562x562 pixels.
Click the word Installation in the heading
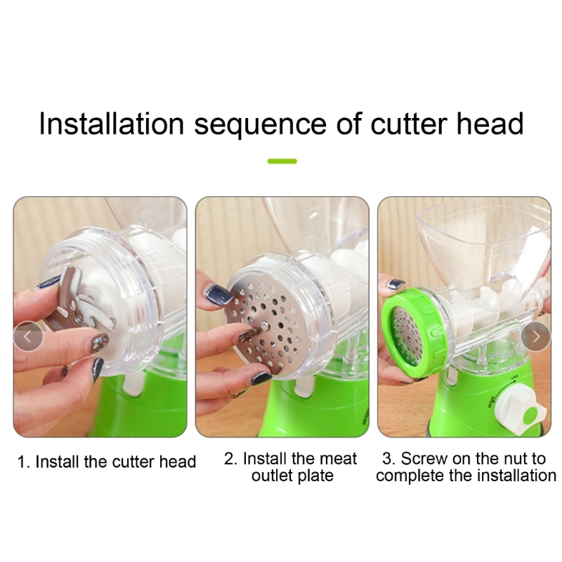tap(112, 124)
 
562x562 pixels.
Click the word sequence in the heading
tap(260, 126)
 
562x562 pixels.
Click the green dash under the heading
tap(282, 162)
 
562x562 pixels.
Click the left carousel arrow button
tap(28, 336)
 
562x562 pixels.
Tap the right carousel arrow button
tap(536, 336)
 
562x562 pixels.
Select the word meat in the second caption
tap(338, 459)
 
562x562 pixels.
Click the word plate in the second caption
tap(316, 476)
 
